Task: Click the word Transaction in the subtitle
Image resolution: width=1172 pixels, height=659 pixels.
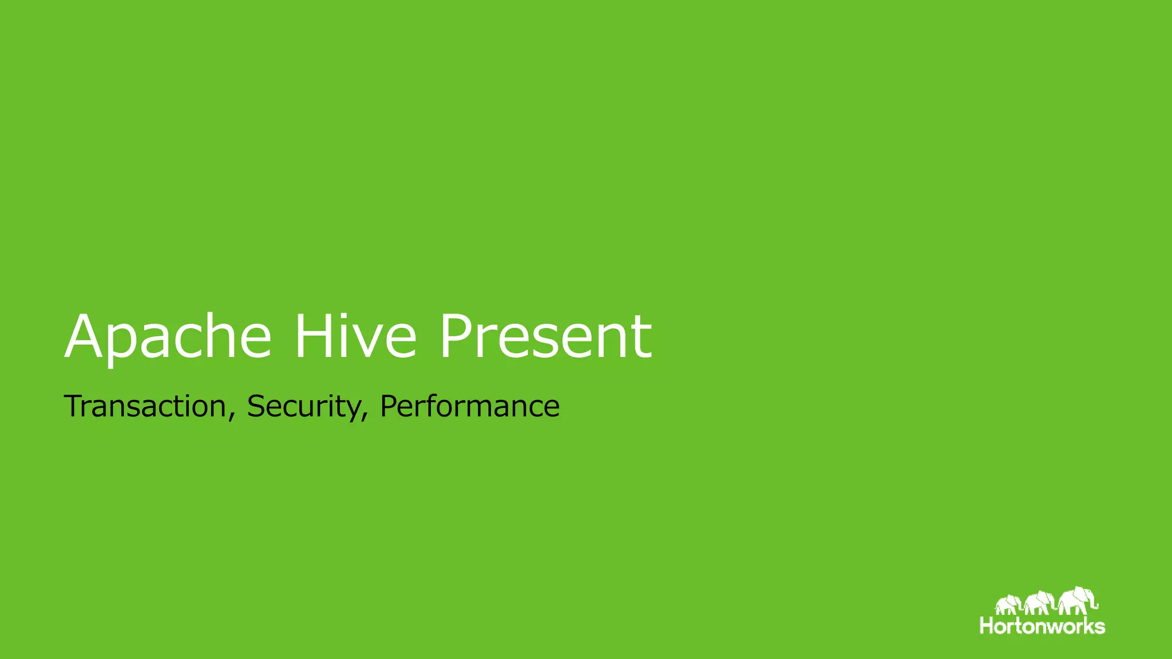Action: (x=145, y=406)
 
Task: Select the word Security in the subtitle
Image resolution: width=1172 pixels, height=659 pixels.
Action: (x=303, y=407)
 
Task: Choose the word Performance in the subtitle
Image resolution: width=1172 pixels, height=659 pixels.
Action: (x=469, y=407)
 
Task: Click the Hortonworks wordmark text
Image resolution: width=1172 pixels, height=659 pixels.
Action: (x=1042, y=626)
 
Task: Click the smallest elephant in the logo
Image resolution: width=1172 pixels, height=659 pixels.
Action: (x=1007, y=605)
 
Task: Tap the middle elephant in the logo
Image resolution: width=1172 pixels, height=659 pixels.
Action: (x=1039, y=603)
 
